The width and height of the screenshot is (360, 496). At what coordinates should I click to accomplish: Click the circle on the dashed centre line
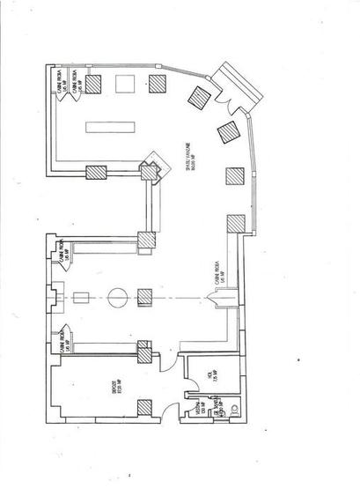tap(118, 297)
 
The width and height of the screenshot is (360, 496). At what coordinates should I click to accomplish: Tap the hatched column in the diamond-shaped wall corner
tap(156, 171)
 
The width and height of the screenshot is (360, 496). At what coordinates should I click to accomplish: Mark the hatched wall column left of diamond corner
tap(92, 174)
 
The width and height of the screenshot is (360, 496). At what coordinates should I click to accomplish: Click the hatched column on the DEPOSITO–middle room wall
tap(142, 352)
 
